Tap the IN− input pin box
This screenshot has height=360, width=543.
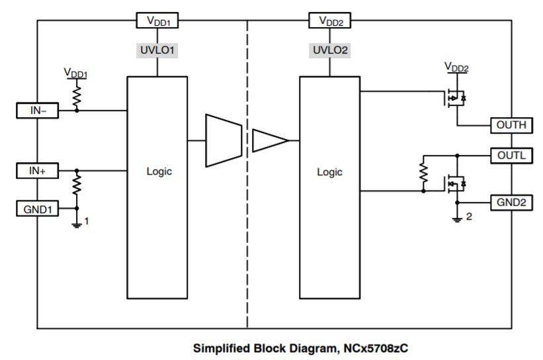pos(38,111)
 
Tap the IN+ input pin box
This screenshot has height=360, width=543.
pos(38,171)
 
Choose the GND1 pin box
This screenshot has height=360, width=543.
pos(38,209)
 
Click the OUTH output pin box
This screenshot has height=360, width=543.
pos(511,124)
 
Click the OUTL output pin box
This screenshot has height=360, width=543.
pos(511,156)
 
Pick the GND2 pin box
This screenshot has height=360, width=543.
pos(511,202)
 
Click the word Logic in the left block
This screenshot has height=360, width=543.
pos(159,171)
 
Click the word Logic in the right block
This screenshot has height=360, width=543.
pos(330,171)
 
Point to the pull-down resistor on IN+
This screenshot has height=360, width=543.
pos(77,183)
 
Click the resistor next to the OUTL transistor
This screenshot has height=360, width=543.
pos(423,173)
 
